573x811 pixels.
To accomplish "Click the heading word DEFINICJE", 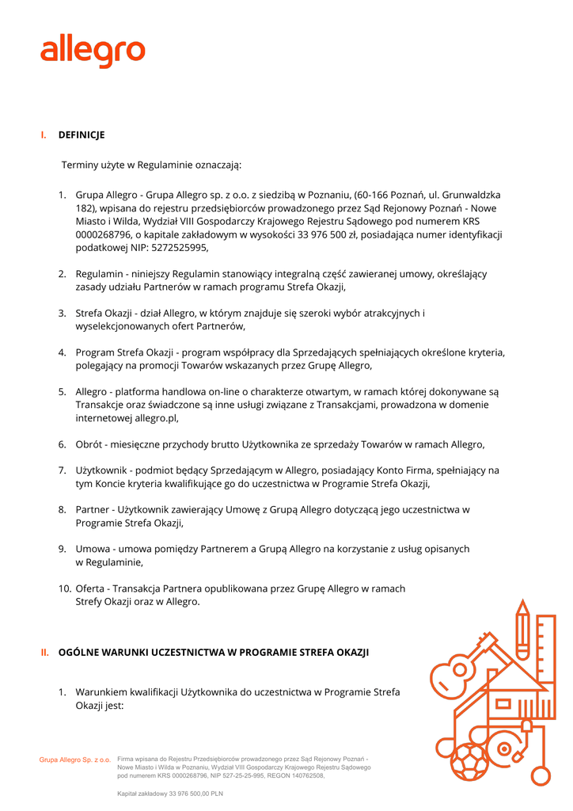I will (x=82, y=135).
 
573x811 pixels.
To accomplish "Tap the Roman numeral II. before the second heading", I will (x=45, y=653).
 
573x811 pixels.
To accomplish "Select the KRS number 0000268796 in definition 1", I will (x=103, y=234).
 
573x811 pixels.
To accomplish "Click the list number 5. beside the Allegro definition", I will (x=62, y=391).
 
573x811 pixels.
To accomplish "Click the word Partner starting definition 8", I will (x=93, y=509).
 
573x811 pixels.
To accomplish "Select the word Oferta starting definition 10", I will (x=92, y=588).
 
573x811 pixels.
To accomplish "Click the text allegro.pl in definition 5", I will (x=156, y=417).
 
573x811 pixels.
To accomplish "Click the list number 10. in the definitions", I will (x=63, y=588).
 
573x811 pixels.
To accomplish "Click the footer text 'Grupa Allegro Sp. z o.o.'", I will (x=75, y=760).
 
